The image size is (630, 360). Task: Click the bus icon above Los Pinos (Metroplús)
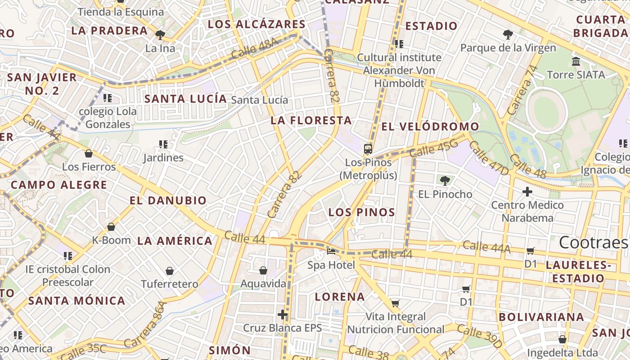coord(368,148)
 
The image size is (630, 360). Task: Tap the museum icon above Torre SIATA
coord(576,61)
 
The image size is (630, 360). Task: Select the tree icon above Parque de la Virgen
coord(508,34)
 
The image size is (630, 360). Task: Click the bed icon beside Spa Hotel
coord(332,251)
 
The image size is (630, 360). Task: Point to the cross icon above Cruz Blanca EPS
coord(283,314)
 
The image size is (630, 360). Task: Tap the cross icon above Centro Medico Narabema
coord(527,192)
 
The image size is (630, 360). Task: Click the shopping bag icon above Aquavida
coord(263,270)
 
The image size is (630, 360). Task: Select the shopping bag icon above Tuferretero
coord(170,271)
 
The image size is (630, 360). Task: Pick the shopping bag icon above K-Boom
coord(111,227)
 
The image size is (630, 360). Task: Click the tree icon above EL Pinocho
coord(445,181)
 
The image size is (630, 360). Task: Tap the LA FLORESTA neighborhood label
coord(311,120)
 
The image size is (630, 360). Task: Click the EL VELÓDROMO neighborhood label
coord(430,127)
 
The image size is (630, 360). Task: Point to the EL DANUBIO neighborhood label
coord(168,200)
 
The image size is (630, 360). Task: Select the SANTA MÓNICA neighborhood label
coord(77,301)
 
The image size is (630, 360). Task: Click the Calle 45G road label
coord(433,148)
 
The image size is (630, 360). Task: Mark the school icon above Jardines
coord(163,144)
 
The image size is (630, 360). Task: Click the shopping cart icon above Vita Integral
coord(395,303)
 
